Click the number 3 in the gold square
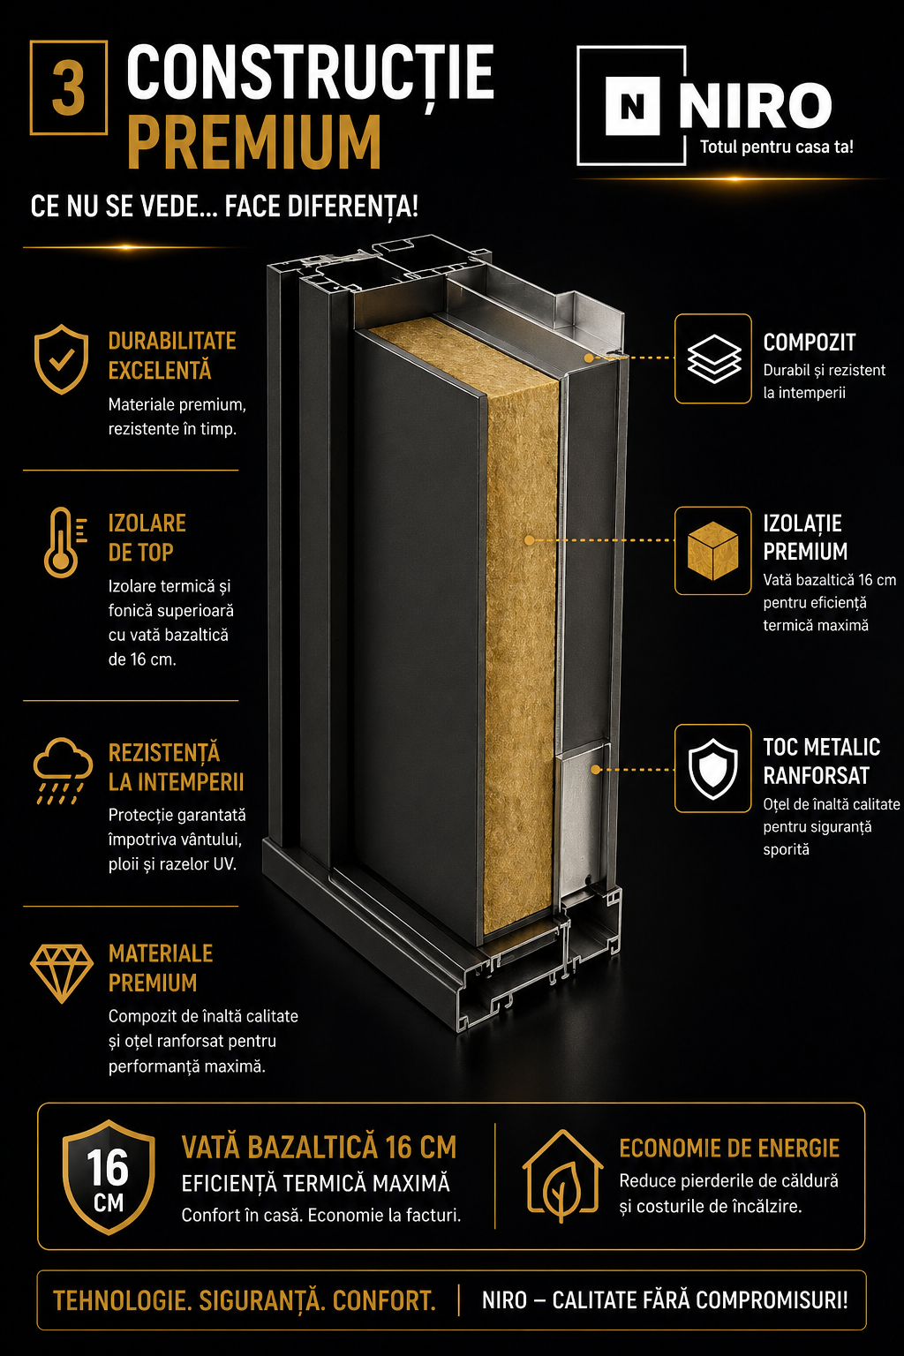(68, 87)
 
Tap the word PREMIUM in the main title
(254, 144)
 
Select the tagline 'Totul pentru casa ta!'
(777, 147)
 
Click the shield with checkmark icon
(61, 359)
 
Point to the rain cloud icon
(63, 771)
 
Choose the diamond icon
(62, 974)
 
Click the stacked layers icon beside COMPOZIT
(714, 358)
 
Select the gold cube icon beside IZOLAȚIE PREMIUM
(713, 551)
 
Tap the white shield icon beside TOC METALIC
(713, 768)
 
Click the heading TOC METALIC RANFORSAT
(822, 761)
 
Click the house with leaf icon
(563, 1178)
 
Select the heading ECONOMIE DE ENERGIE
(729, 1149)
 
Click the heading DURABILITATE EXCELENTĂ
(172, 356)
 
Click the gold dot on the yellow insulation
(529, 540)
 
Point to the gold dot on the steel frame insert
(596, 770)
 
